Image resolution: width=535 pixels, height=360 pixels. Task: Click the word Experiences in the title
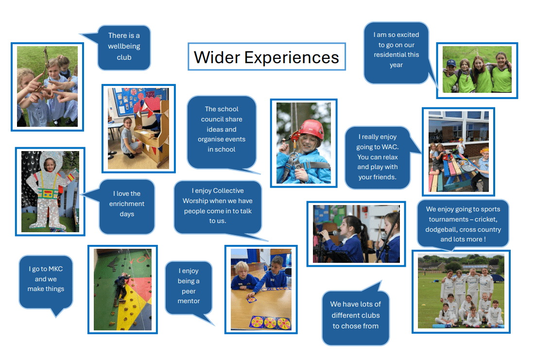(292, 58)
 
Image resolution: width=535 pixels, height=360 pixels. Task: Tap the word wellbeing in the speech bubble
(124, 47)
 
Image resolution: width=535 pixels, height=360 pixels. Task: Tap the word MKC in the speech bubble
(55, 269)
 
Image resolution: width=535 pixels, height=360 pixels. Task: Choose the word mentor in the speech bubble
(189, 301)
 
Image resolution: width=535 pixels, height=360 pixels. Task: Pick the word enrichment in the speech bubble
(127, 204)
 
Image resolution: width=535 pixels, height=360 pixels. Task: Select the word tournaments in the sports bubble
(449, 220)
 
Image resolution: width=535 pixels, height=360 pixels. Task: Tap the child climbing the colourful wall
(121, 286)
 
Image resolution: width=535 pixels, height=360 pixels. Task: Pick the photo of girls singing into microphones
(356, 234)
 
